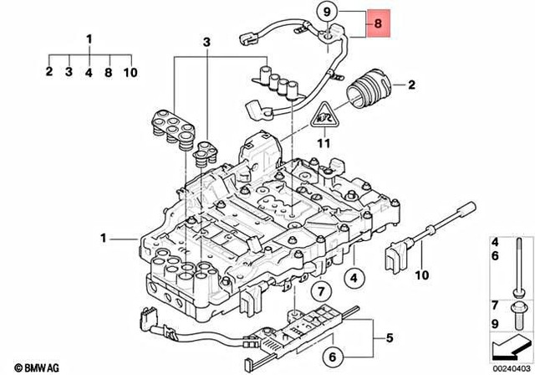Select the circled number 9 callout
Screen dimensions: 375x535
click(326, 12)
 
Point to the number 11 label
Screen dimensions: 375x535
click(324, 142)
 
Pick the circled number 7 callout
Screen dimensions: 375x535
click(318, 291)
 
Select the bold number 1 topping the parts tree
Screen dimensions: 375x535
click(89, 38)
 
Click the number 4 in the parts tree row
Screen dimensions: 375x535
click(89, 73)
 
